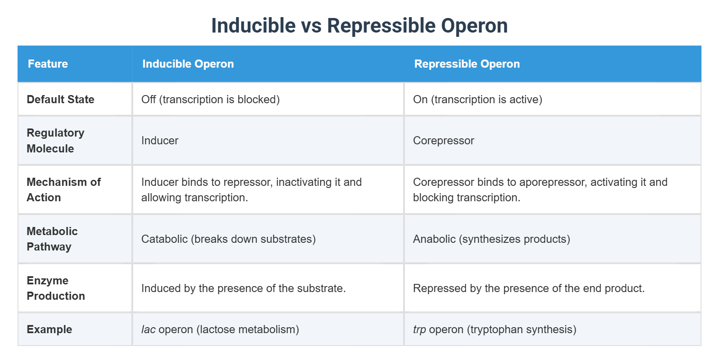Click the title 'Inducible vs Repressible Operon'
tap(359, 26)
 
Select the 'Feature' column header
tap(48, 64)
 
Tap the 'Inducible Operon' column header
tap(188, 64)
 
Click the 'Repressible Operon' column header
tap(467, 64)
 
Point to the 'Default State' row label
tap(60, 99)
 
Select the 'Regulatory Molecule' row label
tap(55, 140)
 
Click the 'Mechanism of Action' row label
tap(63, 190)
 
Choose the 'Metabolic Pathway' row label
tap(52, 239)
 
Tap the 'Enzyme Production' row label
tap(56, 288)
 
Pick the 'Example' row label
tap(49, 329)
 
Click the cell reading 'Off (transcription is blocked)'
tap(210, 99)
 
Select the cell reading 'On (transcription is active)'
tap(477, 99)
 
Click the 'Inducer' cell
tap(160, 140)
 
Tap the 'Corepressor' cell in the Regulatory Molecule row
tap(443, 140)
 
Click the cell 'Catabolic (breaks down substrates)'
tap(228, 239)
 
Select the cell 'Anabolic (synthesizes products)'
tap(491, 239)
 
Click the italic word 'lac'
tap(148, 329)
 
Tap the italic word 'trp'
tap(419, 330)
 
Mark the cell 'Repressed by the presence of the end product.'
tap(529, 288)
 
